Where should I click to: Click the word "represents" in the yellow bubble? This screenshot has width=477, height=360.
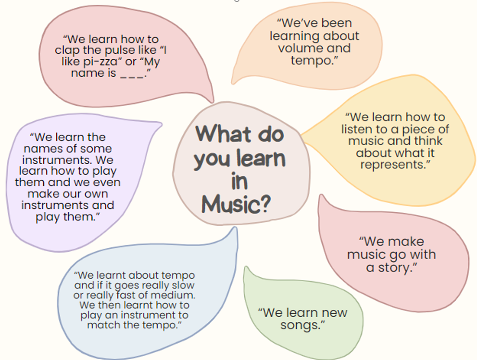click(392, 165)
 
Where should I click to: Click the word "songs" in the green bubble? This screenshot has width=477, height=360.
click(300, 325)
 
